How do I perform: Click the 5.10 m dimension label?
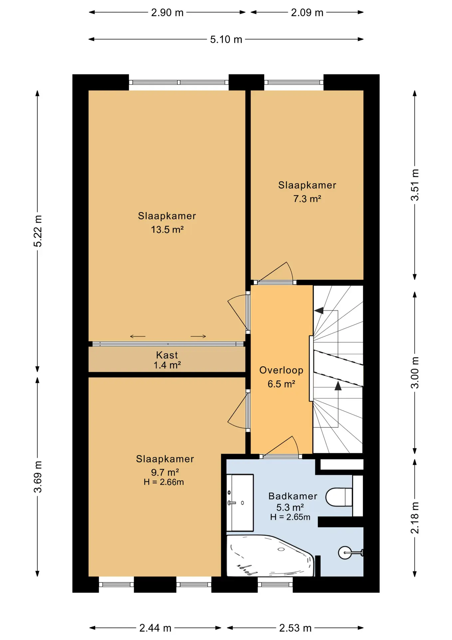(x=226, y=39)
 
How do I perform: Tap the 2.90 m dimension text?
(x=167, y=12)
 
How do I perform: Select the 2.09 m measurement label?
(x=307, y=12)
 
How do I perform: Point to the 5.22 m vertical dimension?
(x=38, y=231)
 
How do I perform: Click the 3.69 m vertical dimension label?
(x=38, y=477)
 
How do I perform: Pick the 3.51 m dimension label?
(x=415, y=185)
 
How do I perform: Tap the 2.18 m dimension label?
(x=415, y=518)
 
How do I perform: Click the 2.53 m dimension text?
(x=295, y=628)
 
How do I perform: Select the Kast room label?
(x=167, y=355)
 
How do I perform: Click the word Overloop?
(x=281, y=370)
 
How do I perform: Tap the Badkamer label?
(x=293, y=496)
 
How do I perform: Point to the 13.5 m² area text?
(x=167, y=229)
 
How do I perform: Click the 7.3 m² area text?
(x=307, y=199)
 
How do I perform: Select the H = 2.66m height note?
(x=164, y=482)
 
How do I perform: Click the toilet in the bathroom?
(x=339, y=497)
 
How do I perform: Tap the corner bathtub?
(x=270, y=556)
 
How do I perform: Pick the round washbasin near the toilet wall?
(x=345, y=553)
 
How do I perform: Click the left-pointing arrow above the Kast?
(x=138, y=336)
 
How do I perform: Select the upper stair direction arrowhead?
(x=319, y=311)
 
